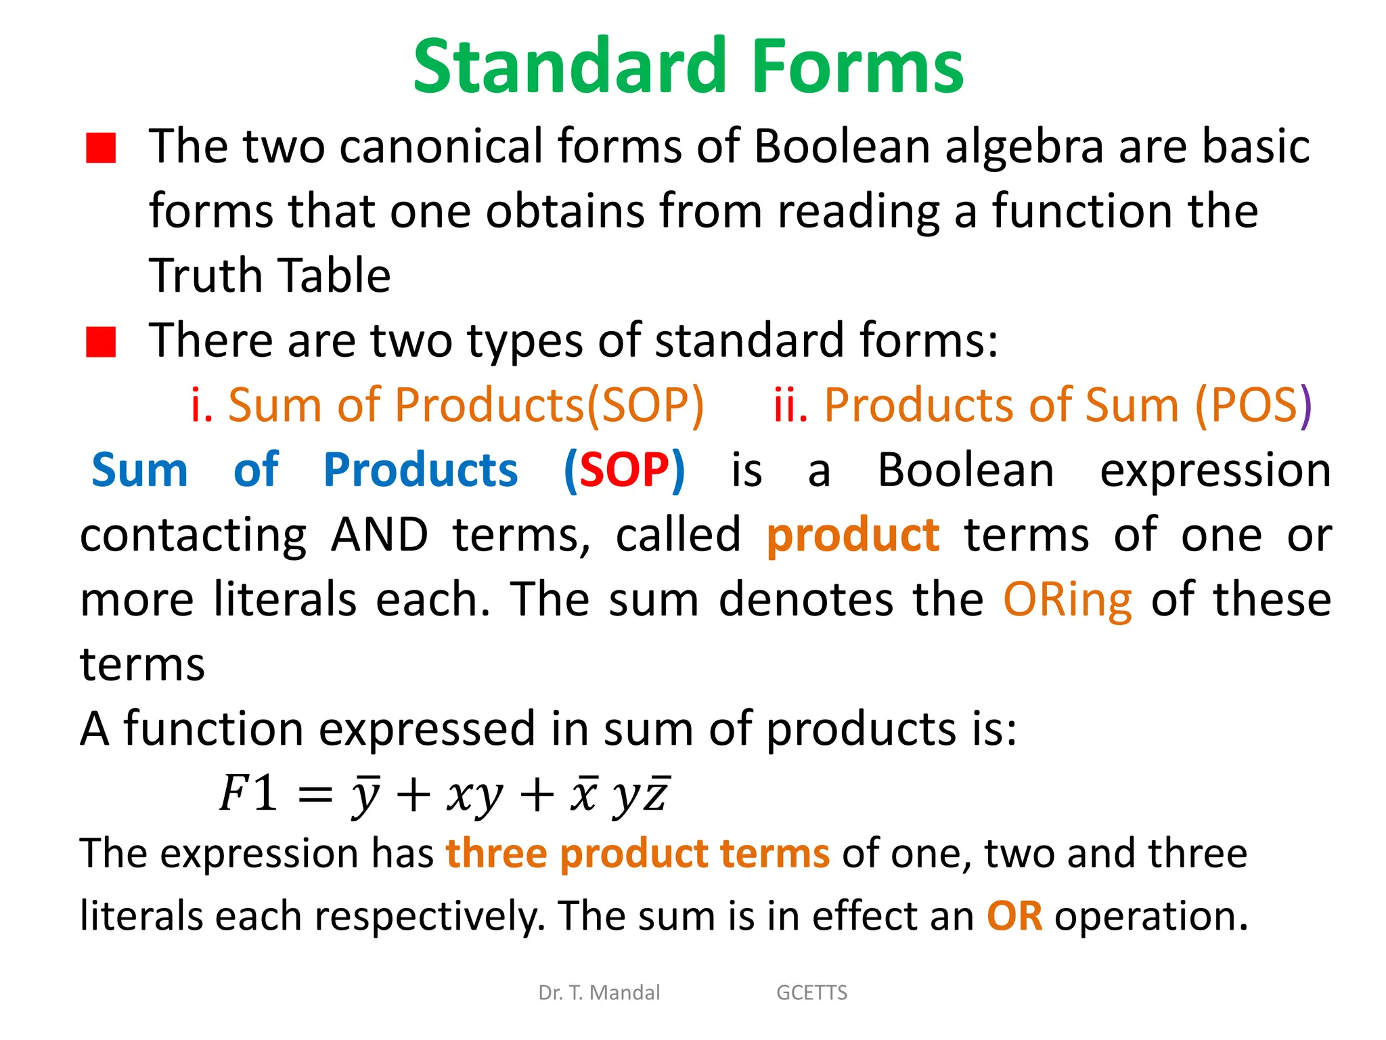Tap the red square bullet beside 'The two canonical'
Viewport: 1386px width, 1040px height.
click(101, 148)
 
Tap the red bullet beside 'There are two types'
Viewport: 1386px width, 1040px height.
click(101, 341)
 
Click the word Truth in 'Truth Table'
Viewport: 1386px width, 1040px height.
click(206, 276)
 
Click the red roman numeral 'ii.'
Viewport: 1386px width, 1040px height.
click(790, 406)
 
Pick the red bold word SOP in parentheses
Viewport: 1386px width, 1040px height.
click(624, 470)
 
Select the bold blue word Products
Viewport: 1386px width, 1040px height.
click(420, 470)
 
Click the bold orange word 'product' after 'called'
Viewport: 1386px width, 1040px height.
click(853, 535)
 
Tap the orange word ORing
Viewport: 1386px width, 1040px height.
click(1067, 600)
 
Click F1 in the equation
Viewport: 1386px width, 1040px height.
click(248, 793)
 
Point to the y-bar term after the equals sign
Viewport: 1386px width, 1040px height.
click(366, 794)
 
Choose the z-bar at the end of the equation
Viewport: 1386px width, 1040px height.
click(656, 794)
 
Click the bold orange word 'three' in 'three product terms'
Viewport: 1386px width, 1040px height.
click(496, 853)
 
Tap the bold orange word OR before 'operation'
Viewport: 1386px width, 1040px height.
click(1014, 916)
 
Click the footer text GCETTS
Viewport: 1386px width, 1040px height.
click(811, 993)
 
